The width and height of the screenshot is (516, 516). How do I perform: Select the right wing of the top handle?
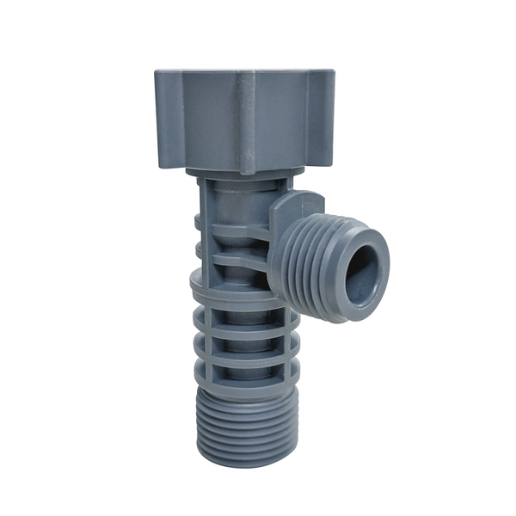pos(322,119)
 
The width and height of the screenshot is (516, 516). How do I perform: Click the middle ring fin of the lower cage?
pos(245,340)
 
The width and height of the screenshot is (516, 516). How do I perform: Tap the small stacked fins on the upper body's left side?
pos(200,241)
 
